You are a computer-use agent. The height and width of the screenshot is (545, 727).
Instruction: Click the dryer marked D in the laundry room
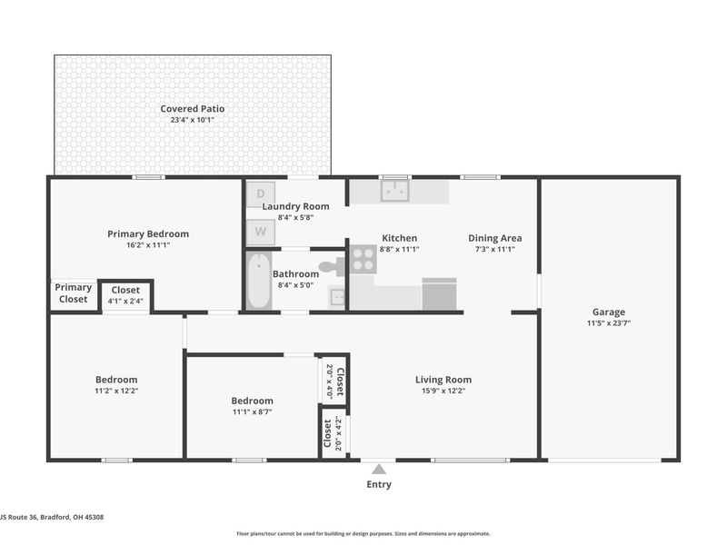click(261, 193)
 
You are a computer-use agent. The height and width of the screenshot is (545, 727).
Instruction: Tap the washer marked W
click(261, 232)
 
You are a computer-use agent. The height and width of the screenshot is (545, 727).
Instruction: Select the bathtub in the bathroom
click(258, 281)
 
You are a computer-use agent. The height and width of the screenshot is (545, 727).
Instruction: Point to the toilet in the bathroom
click(332, 266)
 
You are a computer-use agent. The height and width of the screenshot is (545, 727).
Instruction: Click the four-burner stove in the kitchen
click(363, 260)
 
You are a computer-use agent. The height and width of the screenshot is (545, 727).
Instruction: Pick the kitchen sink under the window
click(394, 191)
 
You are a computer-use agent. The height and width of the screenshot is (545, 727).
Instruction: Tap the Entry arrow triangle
click(379, 470)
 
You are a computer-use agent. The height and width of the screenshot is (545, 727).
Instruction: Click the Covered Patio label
click(193, 109)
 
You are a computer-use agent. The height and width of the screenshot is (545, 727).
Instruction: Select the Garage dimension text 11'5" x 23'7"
click(609, 323)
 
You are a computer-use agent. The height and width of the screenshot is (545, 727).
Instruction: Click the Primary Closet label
click(74, 293)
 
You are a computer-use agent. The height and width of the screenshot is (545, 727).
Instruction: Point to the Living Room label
click(443, 380)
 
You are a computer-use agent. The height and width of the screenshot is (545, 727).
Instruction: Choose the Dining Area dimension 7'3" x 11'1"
click(495, 249)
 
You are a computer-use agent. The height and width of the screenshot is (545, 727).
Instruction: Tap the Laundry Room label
click(296, 206)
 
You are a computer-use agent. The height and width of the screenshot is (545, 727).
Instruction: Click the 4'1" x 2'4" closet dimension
click(125, 301)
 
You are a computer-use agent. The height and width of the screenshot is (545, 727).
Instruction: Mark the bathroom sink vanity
click(337, 297)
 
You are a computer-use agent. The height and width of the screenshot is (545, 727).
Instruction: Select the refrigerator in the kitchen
click(440, 293)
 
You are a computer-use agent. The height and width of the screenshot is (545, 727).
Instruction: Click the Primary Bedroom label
click(148, 234)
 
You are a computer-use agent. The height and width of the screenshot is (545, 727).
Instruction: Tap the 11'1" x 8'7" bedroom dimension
click(253, 411)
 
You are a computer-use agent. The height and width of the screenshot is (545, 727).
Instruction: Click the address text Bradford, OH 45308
click(72, 517)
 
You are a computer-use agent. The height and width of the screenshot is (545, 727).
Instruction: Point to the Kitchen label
click(400, 238)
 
